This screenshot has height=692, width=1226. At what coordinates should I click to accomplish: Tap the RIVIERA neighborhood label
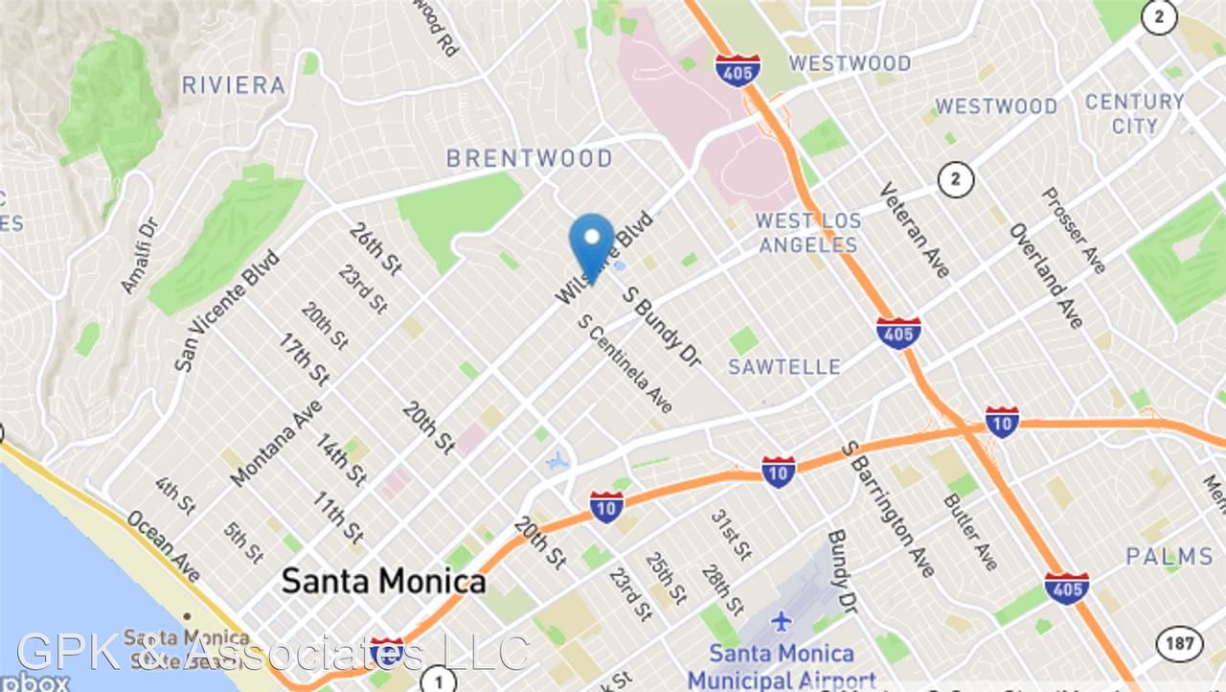click(x=234, y=85)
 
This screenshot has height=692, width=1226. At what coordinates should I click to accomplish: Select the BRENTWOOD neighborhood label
click(x=530, y=158)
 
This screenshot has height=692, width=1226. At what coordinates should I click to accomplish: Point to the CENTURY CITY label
click(x=1135, y=114)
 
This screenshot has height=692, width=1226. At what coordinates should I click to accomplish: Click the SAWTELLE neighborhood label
click(x=784, y=367)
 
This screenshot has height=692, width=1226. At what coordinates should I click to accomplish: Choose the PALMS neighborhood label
click(x=1169, y=556)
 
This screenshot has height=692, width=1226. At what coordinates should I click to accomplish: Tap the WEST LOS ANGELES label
click(x=808, y=233)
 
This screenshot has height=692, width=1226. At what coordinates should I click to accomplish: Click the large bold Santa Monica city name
click(x=383, y=581)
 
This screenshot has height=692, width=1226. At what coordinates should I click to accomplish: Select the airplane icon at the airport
click(x=782, y=621)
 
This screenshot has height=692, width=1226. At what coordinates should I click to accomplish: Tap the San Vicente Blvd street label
click(x=226, y=311)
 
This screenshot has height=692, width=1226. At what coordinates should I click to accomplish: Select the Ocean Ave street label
click(x=164, y=545)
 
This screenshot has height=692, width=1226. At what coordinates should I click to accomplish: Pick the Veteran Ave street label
click(x=915, y=230)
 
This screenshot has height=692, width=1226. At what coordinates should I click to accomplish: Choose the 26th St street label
click(x=375, y=248)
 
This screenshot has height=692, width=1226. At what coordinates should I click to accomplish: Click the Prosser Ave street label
click(x=1074, y=230)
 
